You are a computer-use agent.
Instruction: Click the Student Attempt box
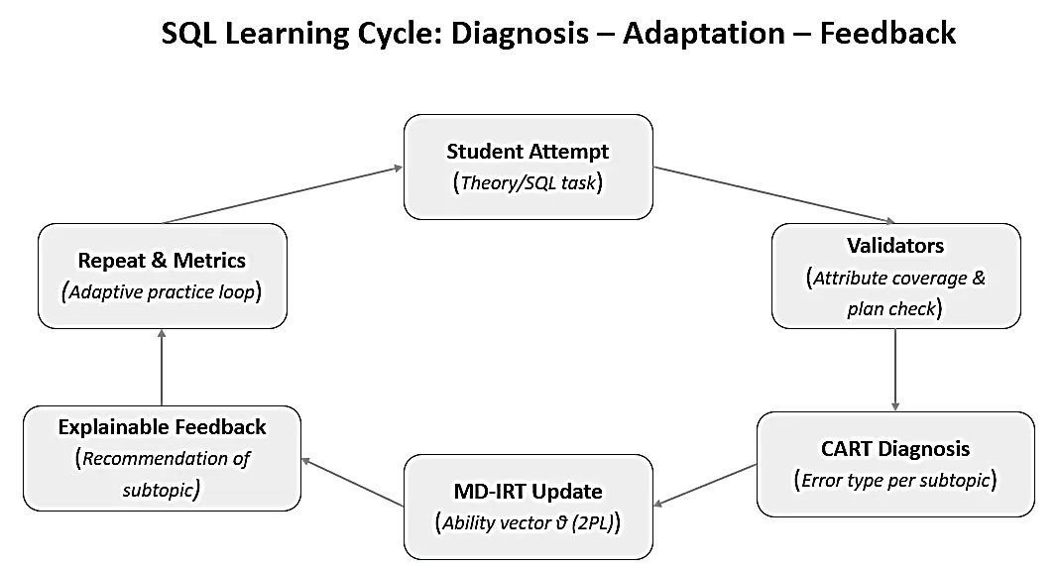529,167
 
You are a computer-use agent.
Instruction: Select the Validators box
895,277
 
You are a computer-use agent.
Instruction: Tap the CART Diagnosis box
895,464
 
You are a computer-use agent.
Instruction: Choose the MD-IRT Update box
529,507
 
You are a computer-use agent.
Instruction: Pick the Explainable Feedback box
162,458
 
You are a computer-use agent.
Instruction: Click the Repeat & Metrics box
162,277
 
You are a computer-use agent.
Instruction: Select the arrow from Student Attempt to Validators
774,194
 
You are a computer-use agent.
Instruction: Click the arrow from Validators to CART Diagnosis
895,370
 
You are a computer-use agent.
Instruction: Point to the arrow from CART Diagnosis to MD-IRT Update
705,485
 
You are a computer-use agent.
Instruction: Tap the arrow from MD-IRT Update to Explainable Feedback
353,482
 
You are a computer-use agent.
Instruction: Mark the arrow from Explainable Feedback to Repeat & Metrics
162,368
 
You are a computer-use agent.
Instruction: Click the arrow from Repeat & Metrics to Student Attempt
283,194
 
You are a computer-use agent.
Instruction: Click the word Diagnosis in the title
520,34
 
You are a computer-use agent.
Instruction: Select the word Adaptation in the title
704,34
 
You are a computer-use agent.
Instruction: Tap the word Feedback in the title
887,33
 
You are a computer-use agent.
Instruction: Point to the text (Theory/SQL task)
528,182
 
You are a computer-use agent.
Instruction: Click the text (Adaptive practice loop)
162,291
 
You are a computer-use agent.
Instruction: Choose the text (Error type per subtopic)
894,480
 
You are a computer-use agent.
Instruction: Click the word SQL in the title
189,34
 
